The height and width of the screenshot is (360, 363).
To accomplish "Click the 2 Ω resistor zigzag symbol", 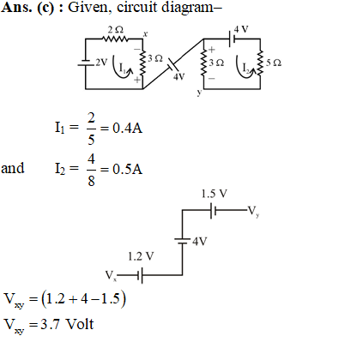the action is [116, 39].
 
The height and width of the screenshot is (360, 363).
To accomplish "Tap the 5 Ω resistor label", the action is [274, 63].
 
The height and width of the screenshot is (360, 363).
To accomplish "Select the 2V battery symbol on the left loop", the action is [85, 63].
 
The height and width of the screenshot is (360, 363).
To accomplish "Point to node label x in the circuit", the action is [145, 34].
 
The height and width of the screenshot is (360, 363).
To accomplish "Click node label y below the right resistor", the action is [199, 93].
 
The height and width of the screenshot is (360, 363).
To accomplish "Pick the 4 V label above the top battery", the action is [241, 29].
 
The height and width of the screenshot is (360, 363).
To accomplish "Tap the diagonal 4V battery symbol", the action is [172, 65].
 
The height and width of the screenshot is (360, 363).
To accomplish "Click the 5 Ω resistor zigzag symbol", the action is [260, 63].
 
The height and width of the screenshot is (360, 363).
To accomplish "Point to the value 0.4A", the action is [127, 128].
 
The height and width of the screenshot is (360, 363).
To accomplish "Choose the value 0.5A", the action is [127, 169].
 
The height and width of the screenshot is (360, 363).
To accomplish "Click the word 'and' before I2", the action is [13, 168].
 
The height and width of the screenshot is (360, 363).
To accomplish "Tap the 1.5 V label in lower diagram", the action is [214, 194].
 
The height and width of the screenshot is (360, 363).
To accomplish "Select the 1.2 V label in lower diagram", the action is [141, 256].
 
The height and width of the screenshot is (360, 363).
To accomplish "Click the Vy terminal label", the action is [254, 212].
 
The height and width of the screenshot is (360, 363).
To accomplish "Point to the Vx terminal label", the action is [111, 276].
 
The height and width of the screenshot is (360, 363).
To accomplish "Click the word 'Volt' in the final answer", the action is [80, 324].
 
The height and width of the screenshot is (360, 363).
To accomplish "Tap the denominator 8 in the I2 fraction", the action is [91, 181].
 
